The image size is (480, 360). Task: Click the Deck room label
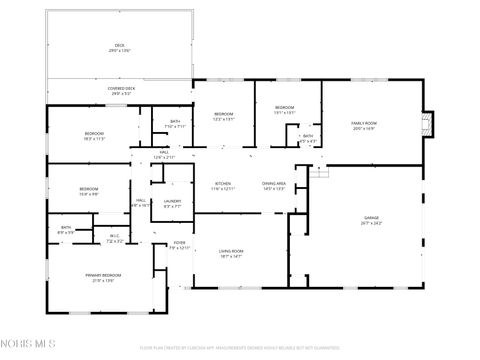tap(119, 45)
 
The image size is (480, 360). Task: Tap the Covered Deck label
tap(120, 89)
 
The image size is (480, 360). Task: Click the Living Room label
tap(232, 252)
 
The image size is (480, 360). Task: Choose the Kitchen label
tap(223, 184)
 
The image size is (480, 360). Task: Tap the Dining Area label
tap(274, 184)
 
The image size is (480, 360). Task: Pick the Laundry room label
tap(172, 200)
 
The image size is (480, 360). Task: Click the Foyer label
tap(179, 242)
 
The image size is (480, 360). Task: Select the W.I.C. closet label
tap(114, 237)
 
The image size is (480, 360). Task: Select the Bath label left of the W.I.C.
tap(66, 228)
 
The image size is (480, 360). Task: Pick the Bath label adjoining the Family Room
tap(308, 137)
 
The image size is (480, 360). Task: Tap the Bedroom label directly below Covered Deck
tap(94, 133)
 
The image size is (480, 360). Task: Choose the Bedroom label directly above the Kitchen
tap(223, 114)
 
